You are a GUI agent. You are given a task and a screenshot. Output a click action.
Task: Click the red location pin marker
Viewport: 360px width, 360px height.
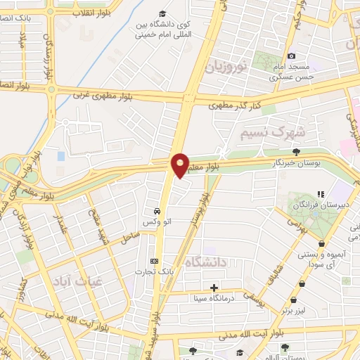point(180,165)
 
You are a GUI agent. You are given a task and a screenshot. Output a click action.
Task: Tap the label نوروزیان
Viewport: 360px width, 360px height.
point(226,68)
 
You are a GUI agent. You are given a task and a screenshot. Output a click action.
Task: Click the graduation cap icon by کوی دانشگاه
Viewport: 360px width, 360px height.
point(162,14)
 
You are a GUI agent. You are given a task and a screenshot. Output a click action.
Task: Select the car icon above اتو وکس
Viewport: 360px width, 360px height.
point(155,210)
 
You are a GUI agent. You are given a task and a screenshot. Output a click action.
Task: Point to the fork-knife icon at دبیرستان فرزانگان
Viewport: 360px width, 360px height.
point(320,194)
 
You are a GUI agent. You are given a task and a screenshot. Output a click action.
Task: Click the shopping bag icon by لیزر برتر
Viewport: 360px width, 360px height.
point(302,283)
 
